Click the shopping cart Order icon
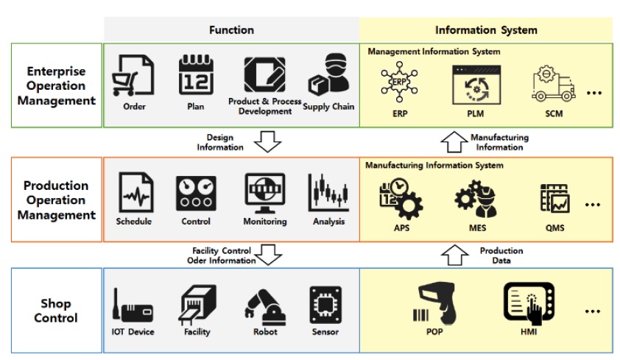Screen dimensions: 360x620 (x=133, y=77)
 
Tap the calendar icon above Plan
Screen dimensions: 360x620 (x=195, y=75)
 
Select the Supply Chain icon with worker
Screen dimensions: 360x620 (x=328, y=76)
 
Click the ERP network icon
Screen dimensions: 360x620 (x=399, y=82)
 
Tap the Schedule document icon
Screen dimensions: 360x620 (x=135, y=194)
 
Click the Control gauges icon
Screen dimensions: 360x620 (x=196, y=194)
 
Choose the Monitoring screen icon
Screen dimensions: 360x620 (x=264, y=194)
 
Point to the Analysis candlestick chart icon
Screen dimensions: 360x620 (x=328, y=194)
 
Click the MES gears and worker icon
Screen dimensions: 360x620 (x=476, y=200)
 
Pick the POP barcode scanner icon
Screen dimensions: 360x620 (x=434, y=303)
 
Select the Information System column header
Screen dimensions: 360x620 (x=486, y=30)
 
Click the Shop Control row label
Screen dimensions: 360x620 (x=56, y=311)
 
